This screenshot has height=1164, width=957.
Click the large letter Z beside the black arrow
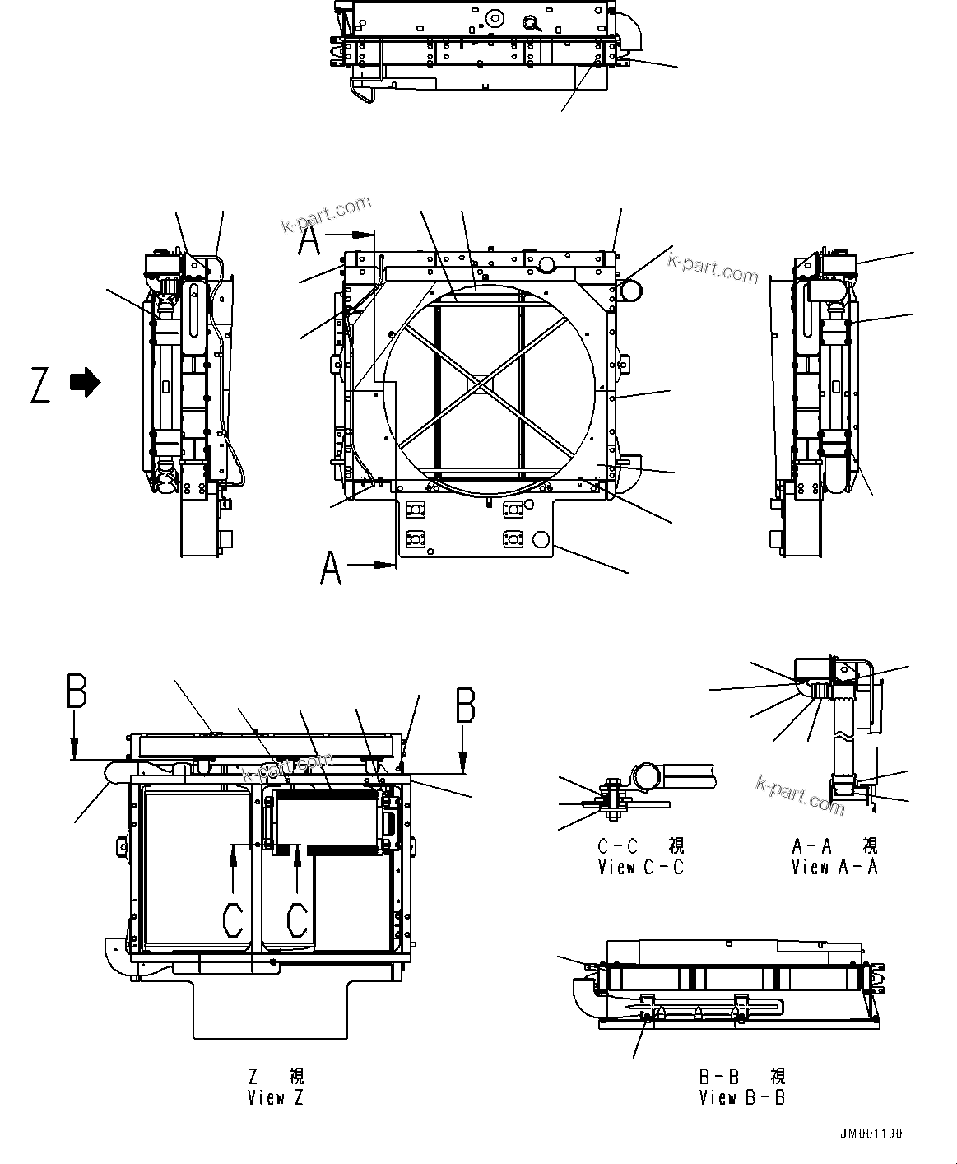(x=40, y=385)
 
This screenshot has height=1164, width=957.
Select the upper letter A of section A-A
(x=309, y=242)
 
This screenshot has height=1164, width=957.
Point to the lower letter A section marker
(x=331, y=568)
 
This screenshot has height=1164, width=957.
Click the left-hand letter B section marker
(x=77, y=693)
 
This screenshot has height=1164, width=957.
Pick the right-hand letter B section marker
(x=465, y=705)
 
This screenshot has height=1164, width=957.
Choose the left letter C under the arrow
(x=234, y=920)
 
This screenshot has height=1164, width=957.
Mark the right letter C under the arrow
(x=297, y=920)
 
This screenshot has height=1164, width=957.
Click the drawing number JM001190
(x=871, y=1134)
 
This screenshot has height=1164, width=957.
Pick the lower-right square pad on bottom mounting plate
(x=513, y=539)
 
